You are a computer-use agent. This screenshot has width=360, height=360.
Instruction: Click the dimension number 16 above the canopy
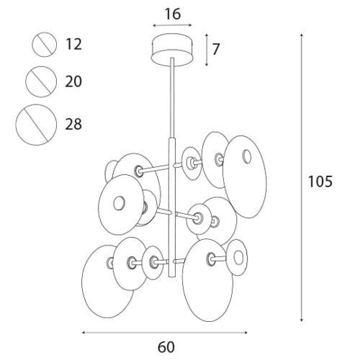click(173, 14)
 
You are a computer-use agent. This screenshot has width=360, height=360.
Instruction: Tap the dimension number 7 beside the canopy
click(216, 49)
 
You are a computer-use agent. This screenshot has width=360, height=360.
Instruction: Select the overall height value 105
click(320, 181)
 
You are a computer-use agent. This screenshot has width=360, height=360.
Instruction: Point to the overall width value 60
click(166, 347)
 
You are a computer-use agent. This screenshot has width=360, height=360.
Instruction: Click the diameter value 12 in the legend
click(73, 44)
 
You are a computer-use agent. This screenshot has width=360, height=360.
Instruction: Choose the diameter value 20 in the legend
click(73, 81)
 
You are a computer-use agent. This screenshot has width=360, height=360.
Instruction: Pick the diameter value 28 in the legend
click(73, 124)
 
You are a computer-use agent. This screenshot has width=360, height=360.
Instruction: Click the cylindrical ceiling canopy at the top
click(172, 50)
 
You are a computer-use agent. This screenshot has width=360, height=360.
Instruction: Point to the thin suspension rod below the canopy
click(172, 98)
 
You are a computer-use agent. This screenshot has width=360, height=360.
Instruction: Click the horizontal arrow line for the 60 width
click(165, 332)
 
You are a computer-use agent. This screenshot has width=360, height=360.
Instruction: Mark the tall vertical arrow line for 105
click(302, 178)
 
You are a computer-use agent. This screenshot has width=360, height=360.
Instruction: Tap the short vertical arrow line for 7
click(206, 50)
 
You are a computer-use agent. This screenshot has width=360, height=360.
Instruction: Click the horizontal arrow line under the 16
click(172, 25)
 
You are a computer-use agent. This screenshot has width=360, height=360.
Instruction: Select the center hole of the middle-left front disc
click(119, 203)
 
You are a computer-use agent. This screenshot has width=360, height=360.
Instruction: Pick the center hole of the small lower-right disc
click(238, 257)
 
